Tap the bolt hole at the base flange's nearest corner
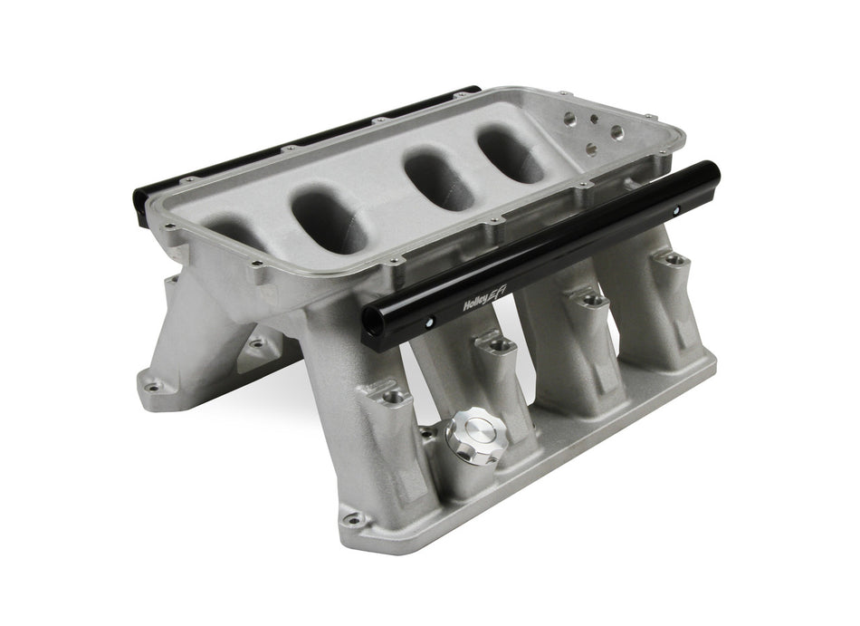pyautogui.click(x=353, y=519)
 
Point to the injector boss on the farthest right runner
pyautogui.click(x=670, y=259)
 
